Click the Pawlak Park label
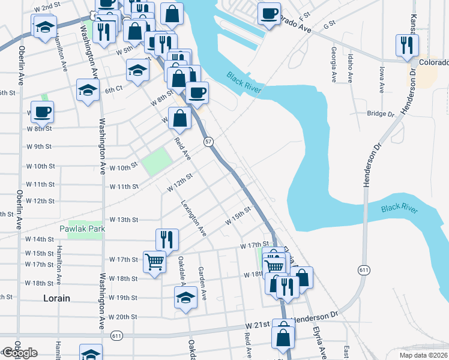82,229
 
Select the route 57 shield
208,141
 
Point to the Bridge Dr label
380,113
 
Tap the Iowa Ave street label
381,79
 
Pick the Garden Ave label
203,284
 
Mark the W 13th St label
124,220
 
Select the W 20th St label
123,317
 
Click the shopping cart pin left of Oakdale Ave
154,261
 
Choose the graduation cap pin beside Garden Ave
185,297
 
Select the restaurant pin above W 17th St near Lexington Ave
167,239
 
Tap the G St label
328,26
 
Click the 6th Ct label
113,90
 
